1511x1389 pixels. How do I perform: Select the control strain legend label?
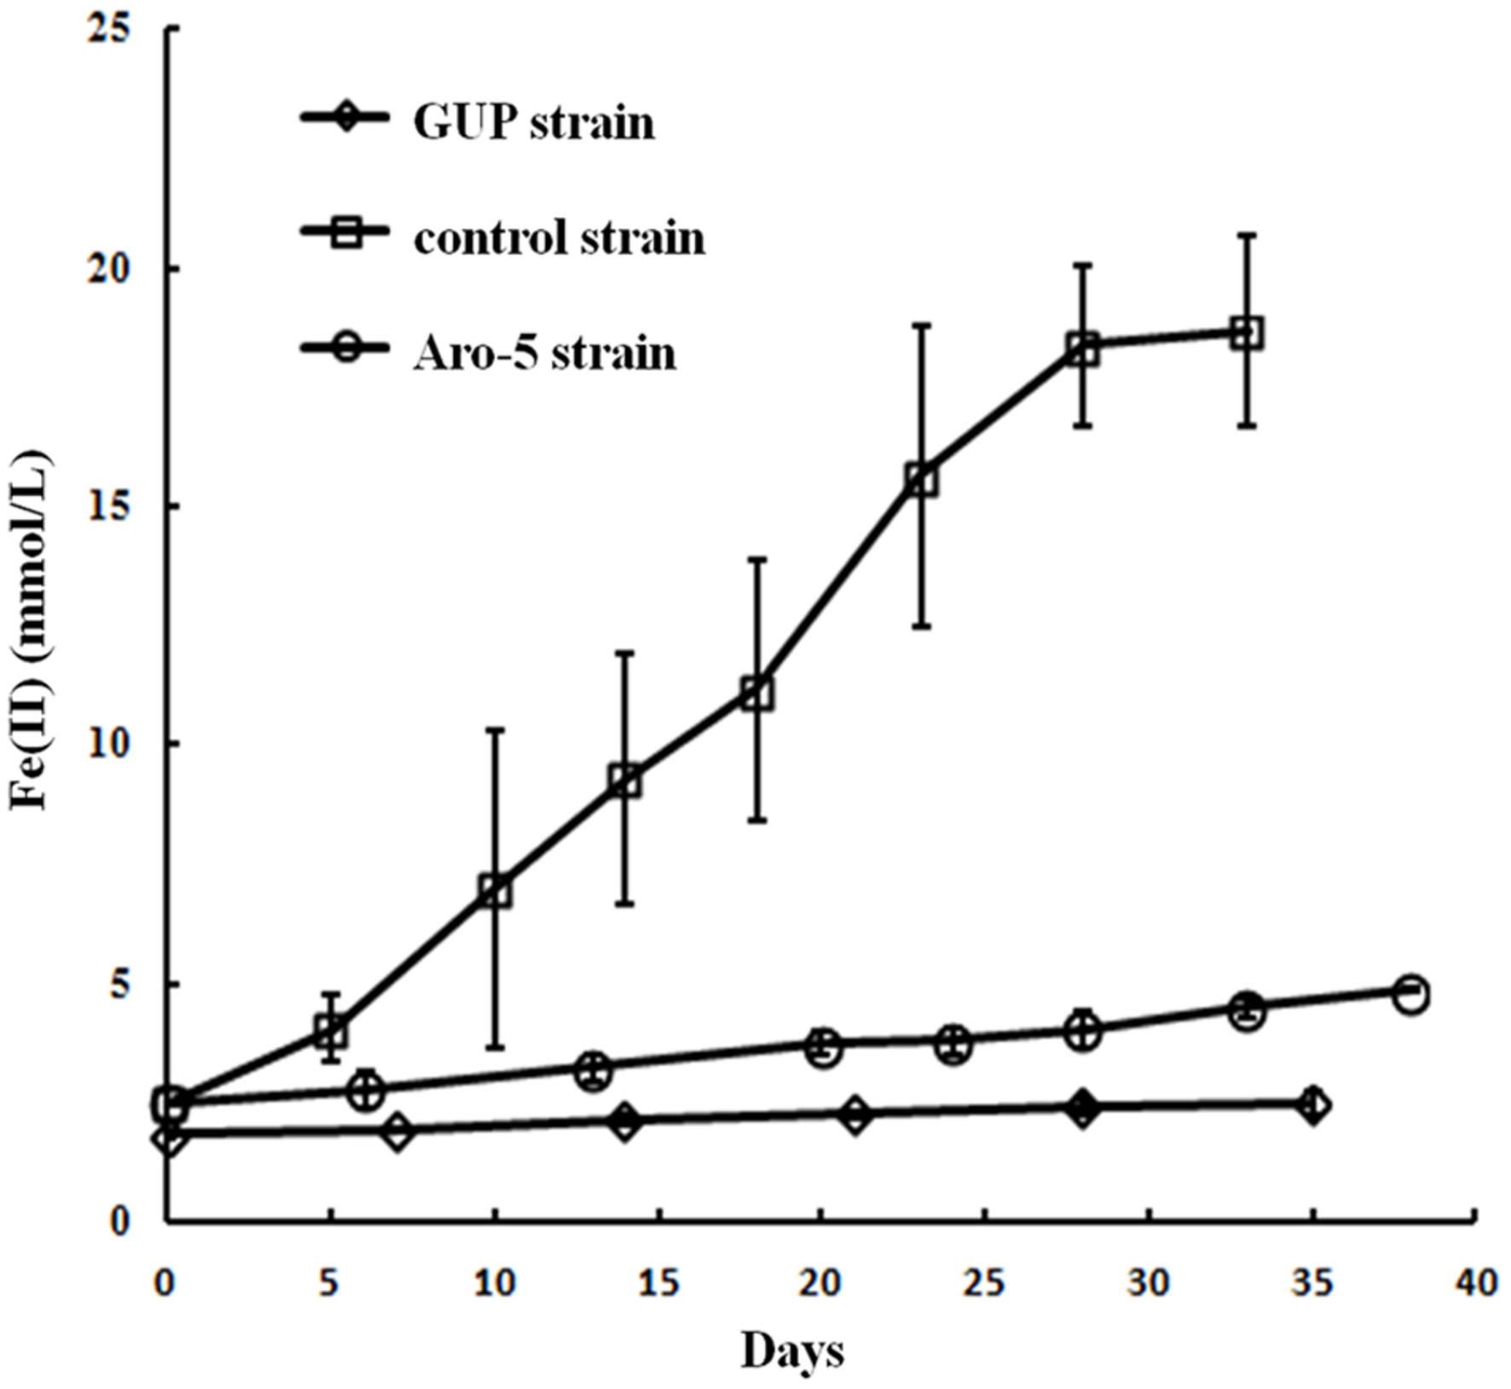point(559,238)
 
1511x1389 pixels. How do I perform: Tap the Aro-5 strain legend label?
point(545,353)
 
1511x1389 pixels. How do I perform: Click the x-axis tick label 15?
point(658,1282)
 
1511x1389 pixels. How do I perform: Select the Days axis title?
point(792,1351)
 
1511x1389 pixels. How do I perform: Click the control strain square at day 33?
point(1247,333)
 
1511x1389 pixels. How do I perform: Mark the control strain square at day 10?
point(495,892)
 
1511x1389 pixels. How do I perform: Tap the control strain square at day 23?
point(922,479)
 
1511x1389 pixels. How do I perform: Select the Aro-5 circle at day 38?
point(1412,995)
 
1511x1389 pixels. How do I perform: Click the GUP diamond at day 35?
point(1313,1106)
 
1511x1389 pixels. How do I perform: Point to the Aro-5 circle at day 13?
point(593,1072)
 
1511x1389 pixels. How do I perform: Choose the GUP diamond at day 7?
point(397,1133)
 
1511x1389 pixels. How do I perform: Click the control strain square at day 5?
point(331,1032)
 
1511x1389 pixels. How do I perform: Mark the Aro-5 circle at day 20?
point(823,1048)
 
